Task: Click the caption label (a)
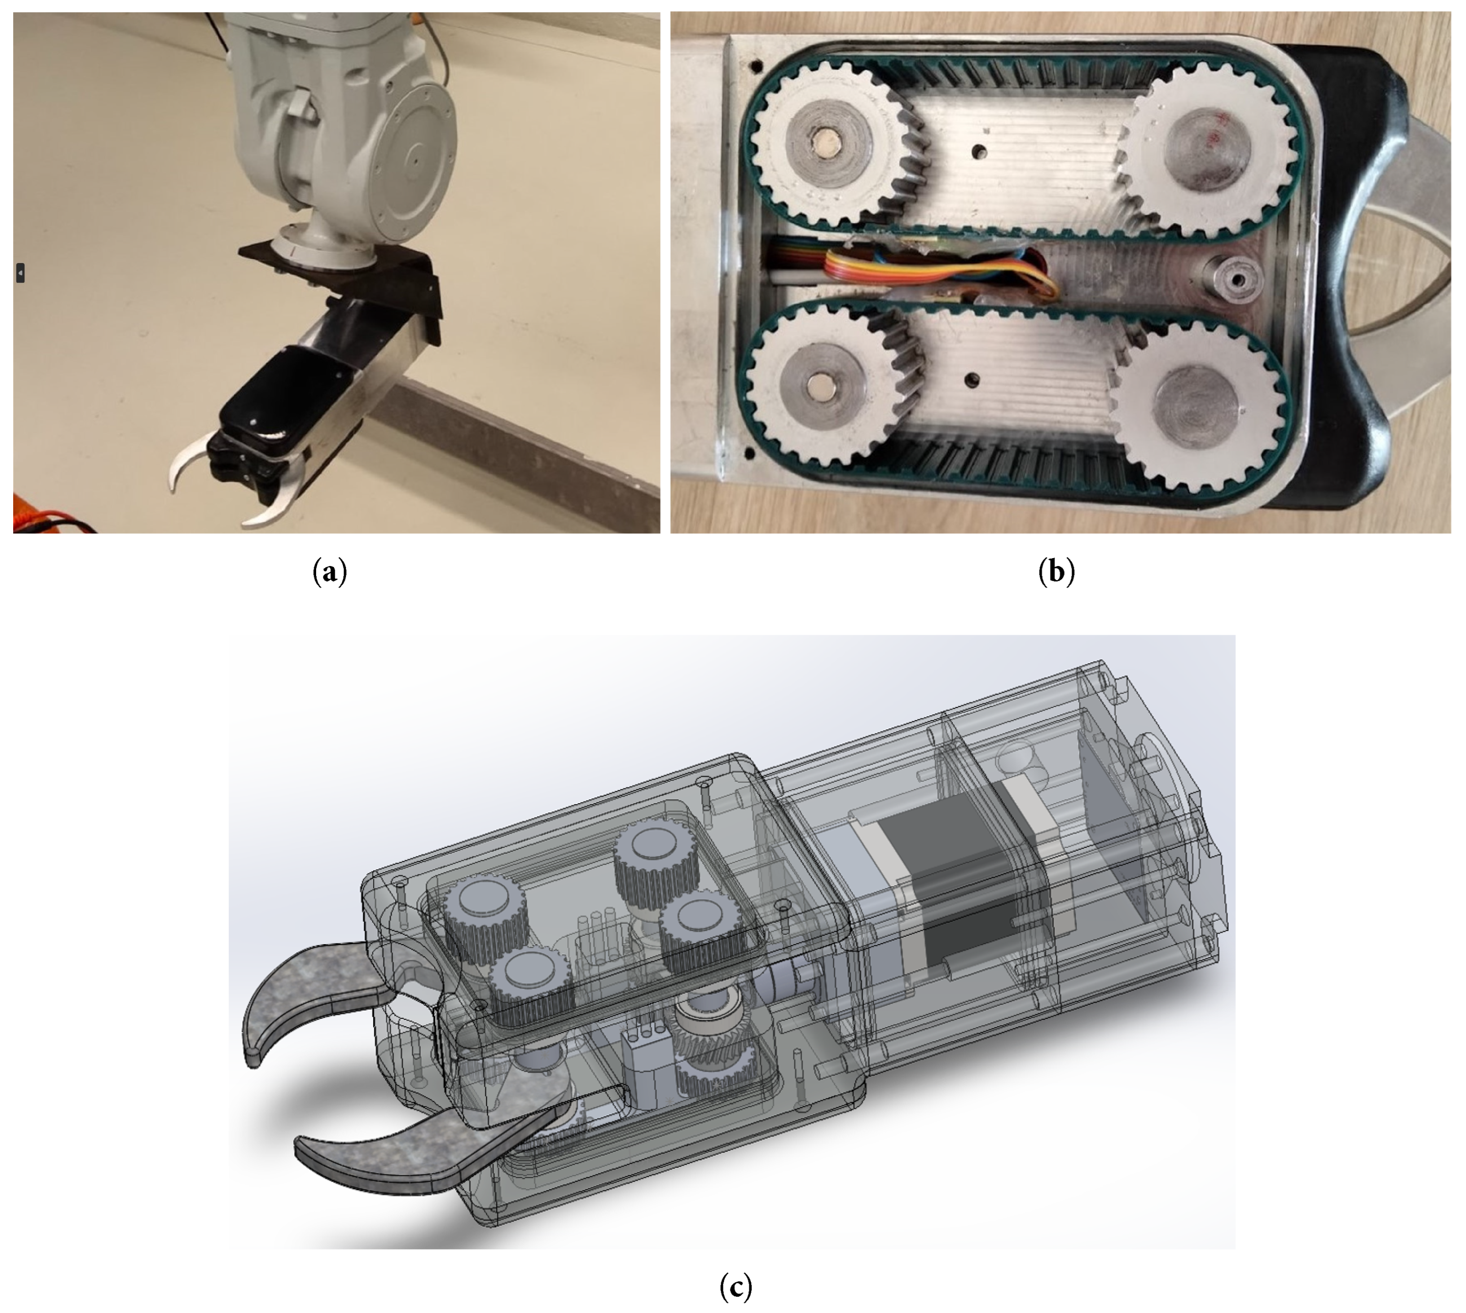pyautogui.click(x=330, y=572)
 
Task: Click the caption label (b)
pyautogui.click(x=1056, y=572)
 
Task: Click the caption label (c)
pyautogui.click(x=735, y=1286)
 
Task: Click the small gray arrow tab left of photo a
pyautogui.click(x=20, y=273)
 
